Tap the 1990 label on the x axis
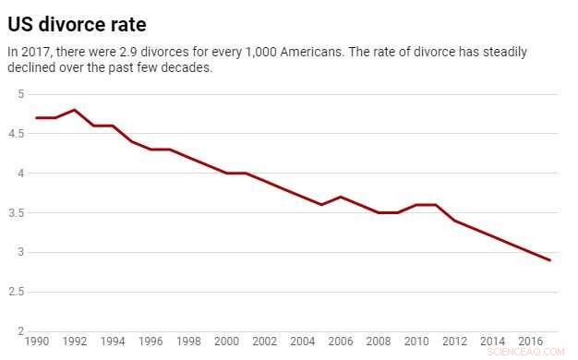(x=38, y=341)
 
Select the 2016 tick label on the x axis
(x=531, y=341)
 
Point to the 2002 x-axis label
(x=265, y=341)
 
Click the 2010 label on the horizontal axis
(x=417, y=341)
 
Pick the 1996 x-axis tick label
(x=151, y=341)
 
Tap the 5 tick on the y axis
(x=20, y=94)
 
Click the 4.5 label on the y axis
(x=17, y=134)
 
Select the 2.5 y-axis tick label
(x=17, y=292)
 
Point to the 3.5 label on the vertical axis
(x=17, y=213)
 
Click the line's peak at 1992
(x=75, y=110)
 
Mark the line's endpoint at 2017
(x=550, y=260)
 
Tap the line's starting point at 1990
(x=37, y=118)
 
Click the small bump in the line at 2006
(x=341, y=197)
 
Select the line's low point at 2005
(x=321, y=205)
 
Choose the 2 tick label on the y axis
(x=20, y=331)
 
